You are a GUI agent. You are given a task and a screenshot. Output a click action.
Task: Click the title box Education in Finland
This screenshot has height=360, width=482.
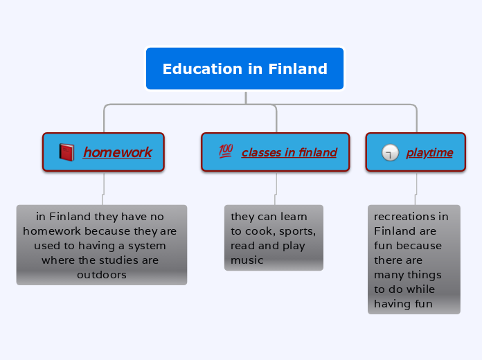(244, 69)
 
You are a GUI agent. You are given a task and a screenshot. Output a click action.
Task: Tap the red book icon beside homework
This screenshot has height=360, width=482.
(66, 152)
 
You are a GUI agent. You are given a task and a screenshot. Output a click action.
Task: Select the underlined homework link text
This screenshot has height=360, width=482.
(117, 152)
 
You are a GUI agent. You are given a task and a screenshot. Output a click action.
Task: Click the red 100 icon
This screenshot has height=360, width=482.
(225, 151)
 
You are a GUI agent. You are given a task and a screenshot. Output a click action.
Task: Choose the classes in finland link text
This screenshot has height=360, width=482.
(289, 152)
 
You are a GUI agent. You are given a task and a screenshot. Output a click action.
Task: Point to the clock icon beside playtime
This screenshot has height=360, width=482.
(390, 152)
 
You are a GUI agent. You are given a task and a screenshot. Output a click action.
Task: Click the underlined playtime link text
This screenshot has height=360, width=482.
(429, 152)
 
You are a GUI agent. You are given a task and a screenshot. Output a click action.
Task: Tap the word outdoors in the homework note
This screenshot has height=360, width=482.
(101, 275)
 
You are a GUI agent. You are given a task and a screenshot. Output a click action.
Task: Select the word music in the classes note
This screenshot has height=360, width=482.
(247, 260)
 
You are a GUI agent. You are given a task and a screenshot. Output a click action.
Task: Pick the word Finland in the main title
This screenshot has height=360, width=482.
(297, 69)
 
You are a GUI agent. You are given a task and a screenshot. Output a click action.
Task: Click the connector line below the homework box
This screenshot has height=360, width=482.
(103, 183)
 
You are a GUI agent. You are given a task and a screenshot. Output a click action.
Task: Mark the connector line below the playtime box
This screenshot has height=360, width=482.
(416, 183)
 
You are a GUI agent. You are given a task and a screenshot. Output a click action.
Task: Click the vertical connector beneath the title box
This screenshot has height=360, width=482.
(245, 97)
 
